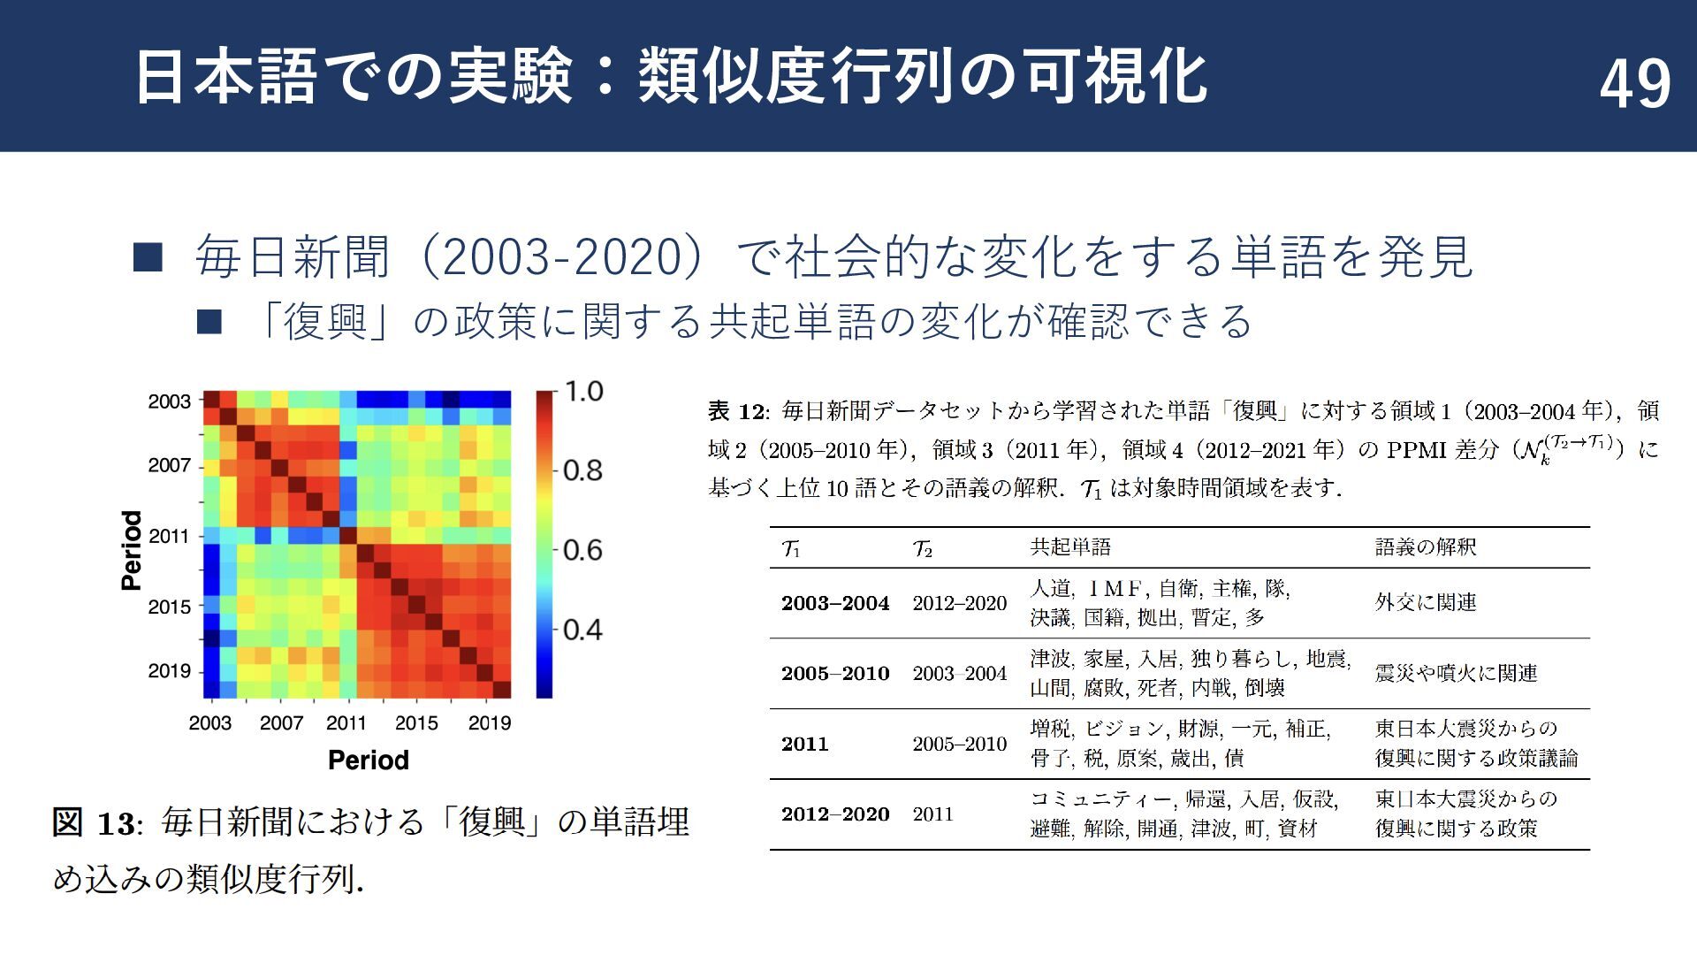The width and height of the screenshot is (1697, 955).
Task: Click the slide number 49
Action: [1634, 84]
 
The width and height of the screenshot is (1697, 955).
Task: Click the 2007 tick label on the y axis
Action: [170, 465]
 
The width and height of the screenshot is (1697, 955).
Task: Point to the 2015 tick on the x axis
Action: [416, 723]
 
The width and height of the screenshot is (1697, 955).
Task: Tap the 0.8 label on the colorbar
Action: [583, 470]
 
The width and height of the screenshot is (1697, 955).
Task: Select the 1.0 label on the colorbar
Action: [583, 391]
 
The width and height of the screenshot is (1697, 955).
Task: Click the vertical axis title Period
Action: [132, 550]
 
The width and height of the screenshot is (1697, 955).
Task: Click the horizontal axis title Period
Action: [368, 760]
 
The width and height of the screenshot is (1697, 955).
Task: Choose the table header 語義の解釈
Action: [1425, 547]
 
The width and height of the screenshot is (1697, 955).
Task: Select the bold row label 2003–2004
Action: [834, 603]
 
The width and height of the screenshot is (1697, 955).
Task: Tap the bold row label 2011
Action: [804, 744]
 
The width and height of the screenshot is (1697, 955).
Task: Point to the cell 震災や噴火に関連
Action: [1456, 674]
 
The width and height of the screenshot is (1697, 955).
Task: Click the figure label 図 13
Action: [95, 823]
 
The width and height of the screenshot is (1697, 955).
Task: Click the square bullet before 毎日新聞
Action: [148, 257]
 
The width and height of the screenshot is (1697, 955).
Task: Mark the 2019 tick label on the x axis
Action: [489, 723]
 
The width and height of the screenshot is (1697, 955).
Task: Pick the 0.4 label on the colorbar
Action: [583, 630]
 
